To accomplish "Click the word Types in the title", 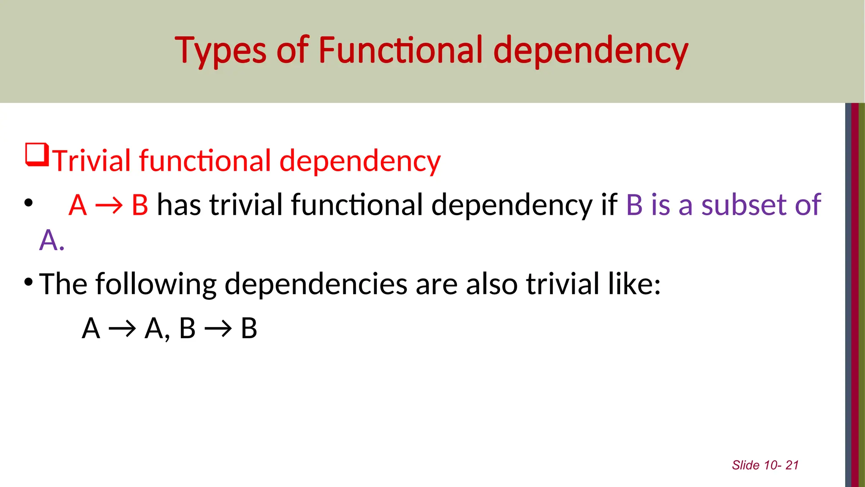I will [220, 51].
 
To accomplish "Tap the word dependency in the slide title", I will [590, 51].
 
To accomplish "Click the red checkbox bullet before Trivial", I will [37, 155].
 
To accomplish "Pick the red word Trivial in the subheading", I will [92, 161].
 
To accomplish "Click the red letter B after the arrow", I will [140, 205].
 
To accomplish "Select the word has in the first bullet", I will [178, 205].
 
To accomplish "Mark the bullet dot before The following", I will [28, 282].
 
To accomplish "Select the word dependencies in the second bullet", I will [316, 284].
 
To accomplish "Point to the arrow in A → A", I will [122, 328].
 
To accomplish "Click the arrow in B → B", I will [218, 328].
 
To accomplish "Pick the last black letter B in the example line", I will [249, 328].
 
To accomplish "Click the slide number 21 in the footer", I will [792, 465].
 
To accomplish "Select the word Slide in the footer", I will [745, 465].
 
